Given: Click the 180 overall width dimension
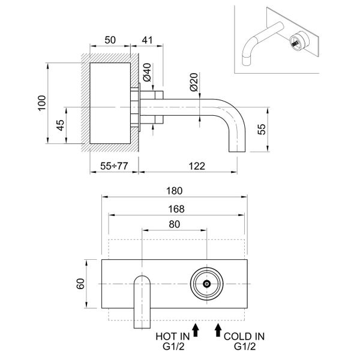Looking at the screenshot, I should tap(175, 190).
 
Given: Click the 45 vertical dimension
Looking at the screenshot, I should tap(60, 126).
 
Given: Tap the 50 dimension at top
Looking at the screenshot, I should tap(110, 40).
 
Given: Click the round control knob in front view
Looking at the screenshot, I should tap(206, 283).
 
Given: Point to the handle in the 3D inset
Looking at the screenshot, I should tap(295, 43).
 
